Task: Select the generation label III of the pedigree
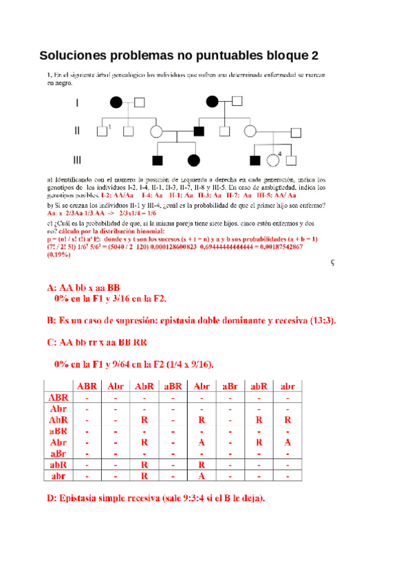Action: point(78,160)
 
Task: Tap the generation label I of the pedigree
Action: point(77,102)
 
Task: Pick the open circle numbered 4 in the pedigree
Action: point(274,160)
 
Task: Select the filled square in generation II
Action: point(199,130)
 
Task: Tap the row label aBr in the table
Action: point(58,454)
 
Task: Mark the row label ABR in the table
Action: point(58,397)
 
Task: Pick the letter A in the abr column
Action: point(288,442)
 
